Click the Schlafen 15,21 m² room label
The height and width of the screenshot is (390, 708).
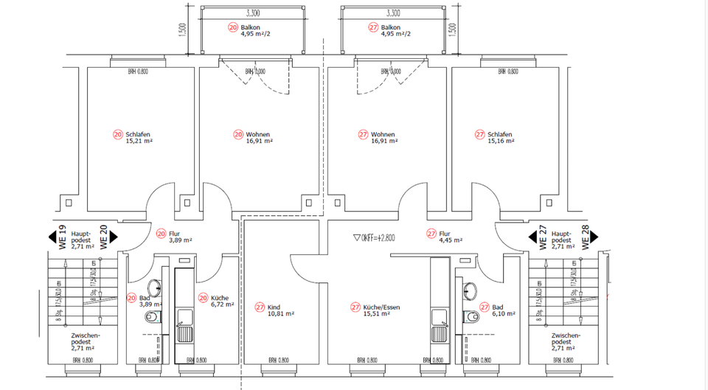tap(139, 138)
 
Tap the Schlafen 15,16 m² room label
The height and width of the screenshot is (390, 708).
tap(500, 138)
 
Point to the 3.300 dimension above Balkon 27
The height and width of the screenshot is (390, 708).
tap(393, 13)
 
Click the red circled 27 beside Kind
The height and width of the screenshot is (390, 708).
tap(260, 307)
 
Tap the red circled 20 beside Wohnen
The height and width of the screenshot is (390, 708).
tap(238, 135)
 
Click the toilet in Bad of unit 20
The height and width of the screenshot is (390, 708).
tap(153, 317)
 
